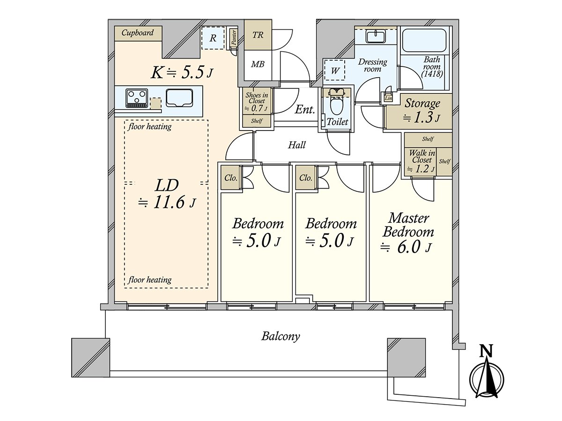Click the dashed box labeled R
click(213, 38)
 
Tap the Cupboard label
click(138, 33)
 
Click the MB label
click(257, 64)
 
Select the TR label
click(258, 36)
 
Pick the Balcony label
click(281, 336)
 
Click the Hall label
click(296, 145)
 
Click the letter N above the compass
click(487, 350)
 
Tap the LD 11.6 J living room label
click(167, 193)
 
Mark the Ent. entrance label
click(304, 109)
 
